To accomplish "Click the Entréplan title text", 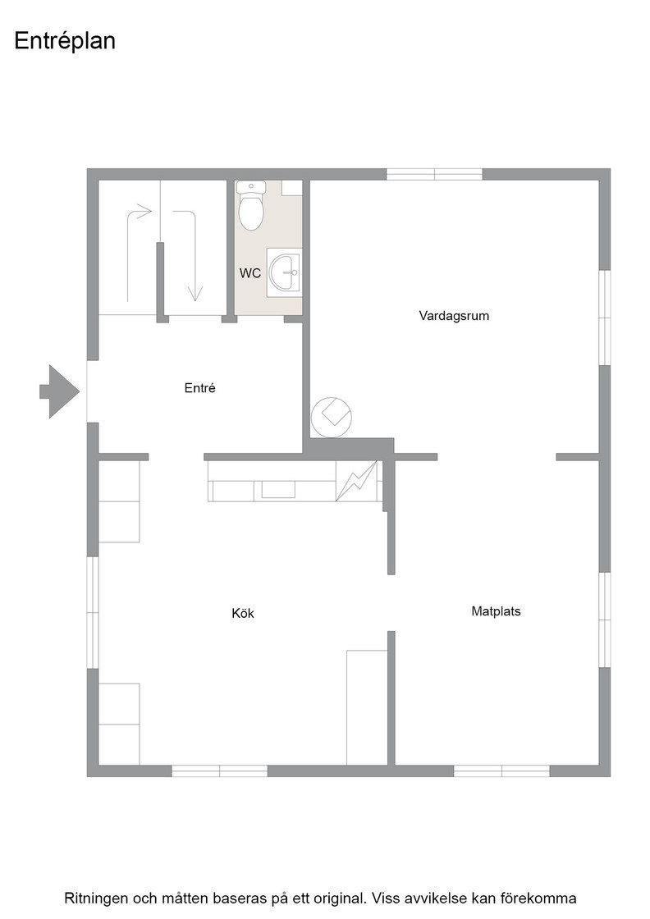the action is pyautogui.click(x=65, y=41).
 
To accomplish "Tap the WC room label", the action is pyautogui.click(x=250, y=273).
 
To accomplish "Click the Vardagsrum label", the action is pyautogui.click(x=454, y=315).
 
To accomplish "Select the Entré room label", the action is pyautogui.click(x=200, y=388).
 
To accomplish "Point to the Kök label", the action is pyautogui.click(x=243, y=613).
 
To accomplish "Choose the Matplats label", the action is pyautogui.click(x=496, y=611).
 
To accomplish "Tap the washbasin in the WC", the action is pyautogui.click(x=284, y=272).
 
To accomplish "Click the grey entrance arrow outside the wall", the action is pyautogui.click(x=59, y=391).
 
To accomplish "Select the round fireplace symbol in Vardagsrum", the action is pyautogui.click(x=332, y=416).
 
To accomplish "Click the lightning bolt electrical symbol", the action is pyautogui.click(x=357, y=481).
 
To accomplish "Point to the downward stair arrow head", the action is pyautogui.click(x=195, y=293).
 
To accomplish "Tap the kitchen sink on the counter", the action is pyautogui.click(x=278, y=489).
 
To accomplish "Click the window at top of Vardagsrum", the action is pyautogui.click(x=434, y=174).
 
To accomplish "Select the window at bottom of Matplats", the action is pyautogui.click(x=501, y=770).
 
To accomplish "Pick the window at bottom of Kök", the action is pyautogui.click(x=220, y=770).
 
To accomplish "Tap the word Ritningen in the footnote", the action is pyautogui.click(x=95, y=898).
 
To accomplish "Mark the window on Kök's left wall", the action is pyautogui.click(x=93, y=612).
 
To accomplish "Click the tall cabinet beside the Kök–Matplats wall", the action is pyautogui.click(x=367, y=707).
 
